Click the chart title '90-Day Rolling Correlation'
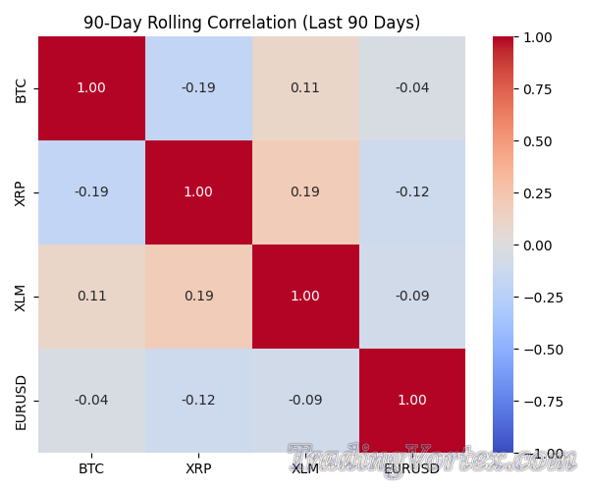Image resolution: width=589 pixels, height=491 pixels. pos(251,23)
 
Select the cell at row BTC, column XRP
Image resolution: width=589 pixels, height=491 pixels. pos(198,88)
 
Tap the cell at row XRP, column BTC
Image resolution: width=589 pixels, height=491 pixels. pos(91,192)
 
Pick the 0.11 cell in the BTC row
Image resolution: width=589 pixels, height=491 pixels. pos(305,88)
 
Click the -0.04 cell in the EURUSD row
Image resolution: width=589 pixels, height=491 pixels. pos(91,401)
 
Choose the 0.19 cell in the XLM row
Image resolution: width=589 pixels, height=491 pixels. pos(198,297)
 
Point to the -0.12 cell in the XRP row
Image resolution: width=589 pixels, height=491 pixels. pos(412,192)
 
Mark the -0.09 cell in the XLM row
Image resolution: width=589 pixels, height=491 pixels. pos(412,297)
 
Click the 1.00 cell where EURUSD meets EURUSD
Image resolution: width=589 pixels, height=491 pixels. pos(412,401)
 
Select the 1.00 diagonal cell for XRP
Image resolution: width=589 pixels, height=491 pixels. pos(198,192)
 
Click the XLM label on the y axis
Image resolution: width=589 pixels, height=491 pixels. pos(21,297)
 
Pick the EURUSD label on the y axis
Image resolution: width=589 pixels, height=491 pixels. pos(21,401)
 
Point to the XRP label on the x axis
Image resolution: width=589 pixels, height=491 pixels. pos(198,468)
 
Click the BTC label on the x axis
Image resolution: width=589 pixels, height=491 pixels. pos(91,468)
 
